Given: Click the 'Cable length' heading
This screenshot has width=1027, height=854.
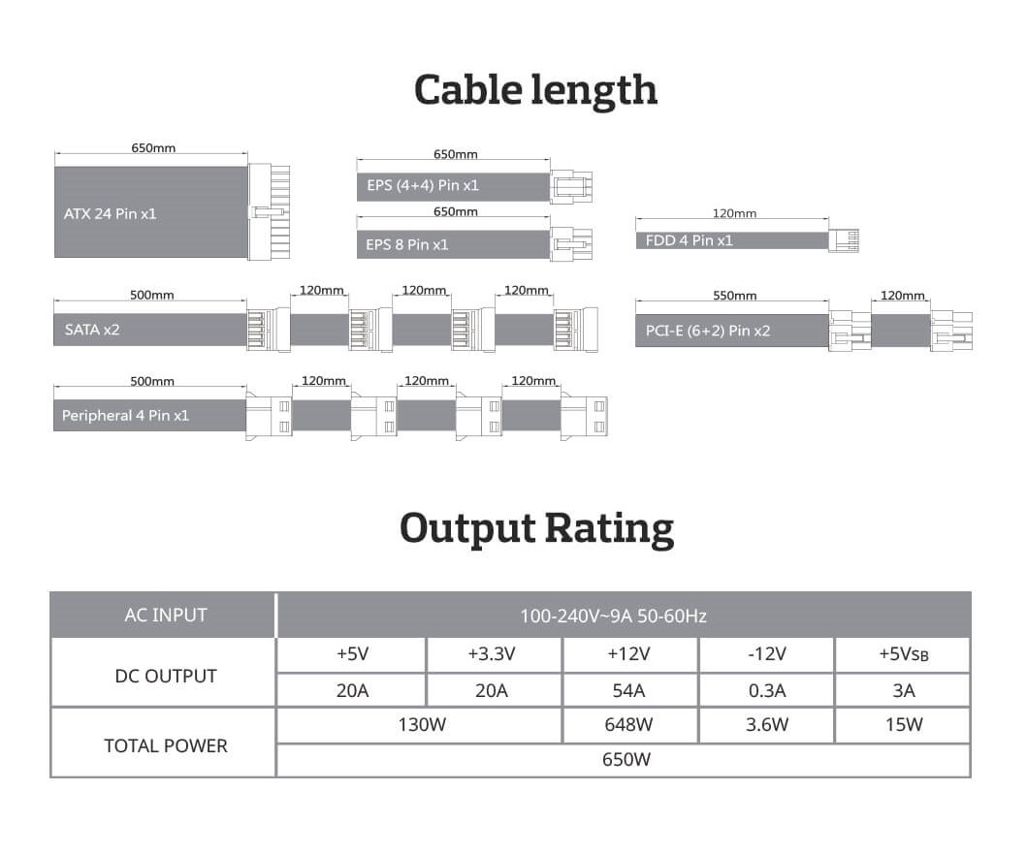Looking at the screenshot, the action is coord(535,91).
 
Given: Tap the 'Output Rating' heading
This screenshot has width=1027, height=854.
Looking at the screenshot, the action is coord(536,529).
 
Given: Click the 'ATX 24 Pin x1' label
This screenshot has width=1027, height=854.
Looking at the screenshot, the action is coord(110,214).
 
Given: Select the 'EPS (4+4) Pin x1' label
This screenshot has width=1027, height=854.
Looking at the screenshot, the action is coord(423,185).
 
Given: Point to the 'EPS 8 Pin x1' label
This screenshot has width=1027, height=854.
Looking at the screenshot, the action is coord(406,245).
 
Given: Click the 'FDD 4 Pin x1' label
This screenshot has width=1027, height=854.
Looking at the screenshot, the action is coord(690,240).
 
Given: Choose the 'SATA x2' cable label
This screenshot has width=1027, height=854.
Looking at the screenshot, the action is coord(92,330).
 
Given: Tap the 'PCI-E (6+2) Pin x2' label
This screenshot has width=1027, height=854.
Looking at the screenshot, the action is coord(707,331).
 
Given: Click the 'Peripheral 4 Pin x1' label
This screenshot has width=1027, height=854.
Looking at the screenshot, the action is coord(125,415).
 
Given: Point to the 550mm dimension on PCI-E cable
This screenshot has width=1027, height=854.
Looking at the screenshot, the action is coord(734,296).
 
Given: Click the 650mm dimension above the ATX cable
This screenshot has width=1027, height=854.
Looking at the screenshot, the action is coord(153,148).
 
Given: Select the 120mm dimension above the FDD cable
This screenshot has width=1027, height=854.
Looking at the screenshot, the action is coord(734,213).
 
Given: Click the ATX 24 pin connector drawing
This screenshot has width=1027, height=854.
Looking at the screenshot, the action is coord(269,211).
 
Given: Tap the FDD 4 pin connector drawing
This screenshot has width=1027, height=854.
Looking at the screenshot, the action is coord(844,240).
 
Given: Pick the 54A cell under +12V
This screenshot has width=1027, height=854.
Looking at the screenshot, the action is coord(629,690).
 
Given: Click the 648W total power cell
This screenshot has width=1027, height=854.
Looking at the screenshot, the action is coord(629,724).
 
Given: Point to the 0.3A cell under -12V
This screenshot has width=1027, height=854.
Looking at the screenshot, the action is coord(766,690).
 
